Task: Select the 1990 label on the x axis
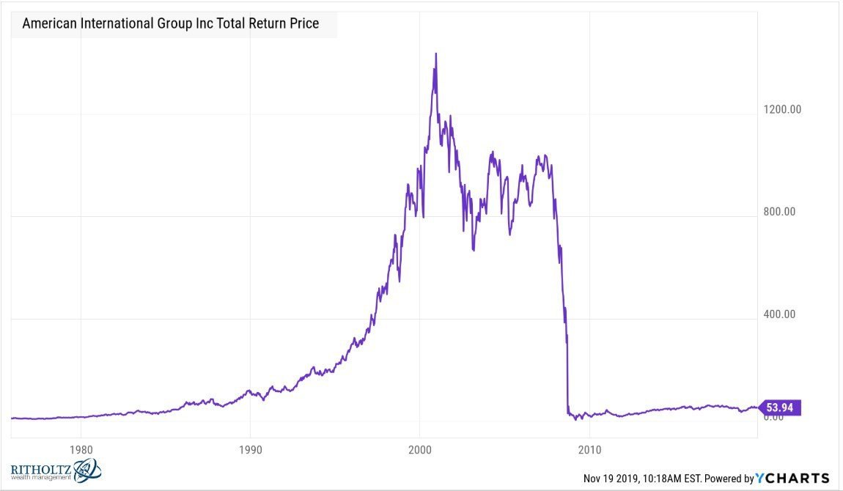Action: click(x=250, y=448)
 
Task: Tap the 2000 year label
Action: click(x=419, y=448)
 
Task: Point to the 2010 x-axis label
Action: click(x=589, y=448)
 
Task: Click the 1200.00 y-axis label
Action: click(x=783, y=109)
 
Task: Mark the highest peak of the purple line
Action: click(x=436, y=53)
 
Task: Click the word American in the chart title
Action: click(x=51, y=23)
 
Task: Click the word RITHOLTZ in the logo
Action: click(x=41, y=469)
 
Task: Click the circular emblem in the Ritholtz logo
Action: click(x=87, y=470)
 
